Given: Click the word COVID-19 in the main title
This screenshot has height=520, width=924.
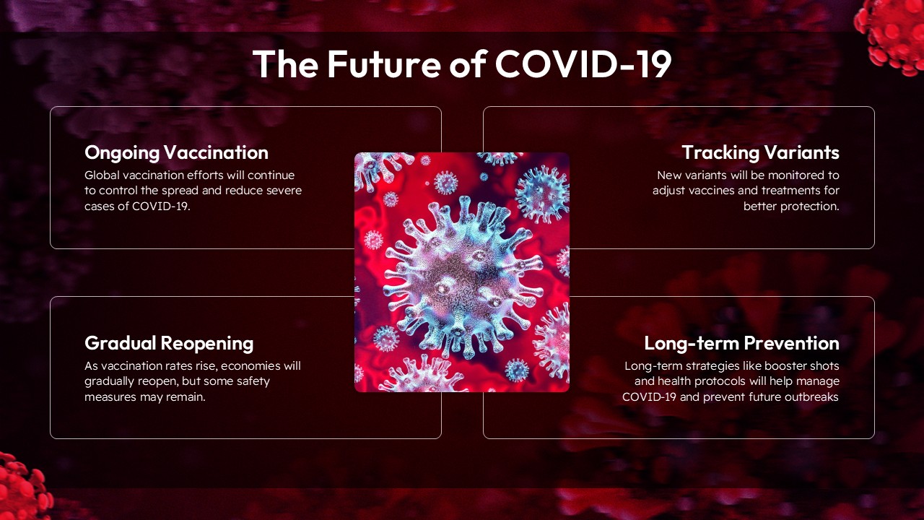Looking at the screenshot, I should click(x=583, y=64).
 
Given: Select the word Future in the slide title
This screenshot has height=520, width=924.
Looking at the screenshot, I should click(x=382, y=64).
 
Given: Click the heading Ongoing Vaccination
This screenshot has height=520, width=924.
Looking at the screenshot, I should click(x=176, y=152).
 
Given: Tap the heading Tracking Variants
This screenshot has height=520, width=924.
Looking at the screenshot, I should click(x=760, y=152).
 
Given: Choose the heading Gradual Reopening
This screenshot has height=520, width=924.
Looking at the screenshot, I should click(x=169, y=342).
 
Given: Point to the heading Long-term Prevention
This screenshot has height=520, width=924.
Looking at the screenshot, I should click(x=741, y=342).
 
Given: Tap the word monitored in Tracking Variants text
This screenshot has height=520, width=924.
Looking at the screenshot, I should click(x=796, y=175).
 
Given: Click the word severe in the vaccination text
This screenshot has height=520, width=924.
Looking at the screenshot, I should click(x=284, y=191).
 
